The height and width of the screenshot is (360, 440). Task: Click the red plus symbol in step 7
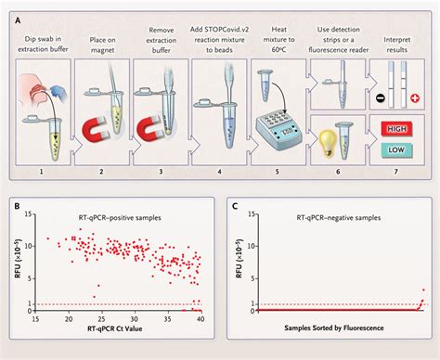[415, 96]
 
